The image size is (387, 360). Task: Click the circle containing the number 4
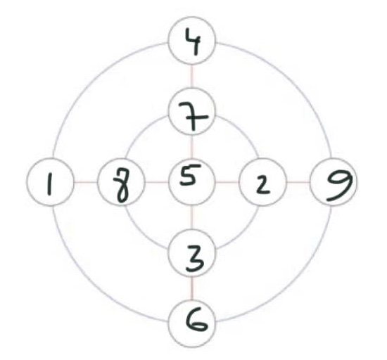(x=192, y=41)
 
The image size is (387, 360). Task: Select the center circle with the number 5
(x=192, y=182)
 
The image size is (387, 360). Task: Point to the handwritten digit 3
(x=195, y=258)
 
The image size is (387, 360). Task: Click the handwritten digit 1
(x=50, y=184)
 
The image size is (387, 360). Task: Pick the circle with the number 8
(x=121, y=182)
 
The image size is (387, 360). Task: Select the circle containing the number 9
(x=334, y=182)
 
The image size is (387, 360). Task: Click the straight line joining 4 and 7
(x=192, y=77)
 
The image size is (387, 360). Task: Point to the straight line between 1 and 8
(x=86, y=182)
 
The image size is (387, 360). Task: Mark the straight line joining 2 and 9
(x=298, y=182)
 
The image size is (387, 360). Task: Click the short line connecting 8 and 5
(x=157, y=182)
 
